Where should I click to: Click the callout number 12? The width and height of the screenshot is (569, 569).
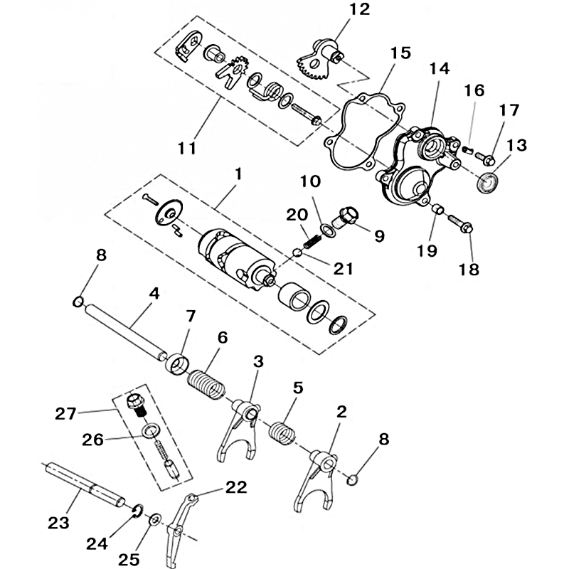[359, 9]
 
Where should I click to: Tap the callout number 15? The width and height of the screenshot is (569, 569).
[400, 53]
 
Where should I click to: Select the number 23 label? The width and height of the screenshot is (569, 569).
[58, 523]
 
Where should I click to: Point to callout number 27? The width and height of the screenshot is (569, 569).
[65, 414]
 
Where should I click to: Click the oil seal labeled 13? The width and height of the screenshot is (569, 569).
[486, 181]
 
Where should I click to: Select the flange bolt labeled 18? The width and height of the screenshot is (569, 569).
[460, 224]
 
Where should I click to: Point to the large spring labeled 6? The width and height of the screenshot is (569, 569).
[206, 385]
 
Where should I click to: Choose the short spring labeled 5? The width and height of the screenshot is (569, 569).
[282, 432]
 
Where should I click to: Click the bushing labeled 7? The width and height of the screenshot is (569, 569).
[177, 364]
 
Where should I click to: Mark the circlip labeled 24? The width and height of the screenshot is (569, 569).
[138, 510]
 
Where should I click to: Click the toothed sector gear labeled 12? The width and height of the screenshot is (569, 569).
[314, 61]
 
